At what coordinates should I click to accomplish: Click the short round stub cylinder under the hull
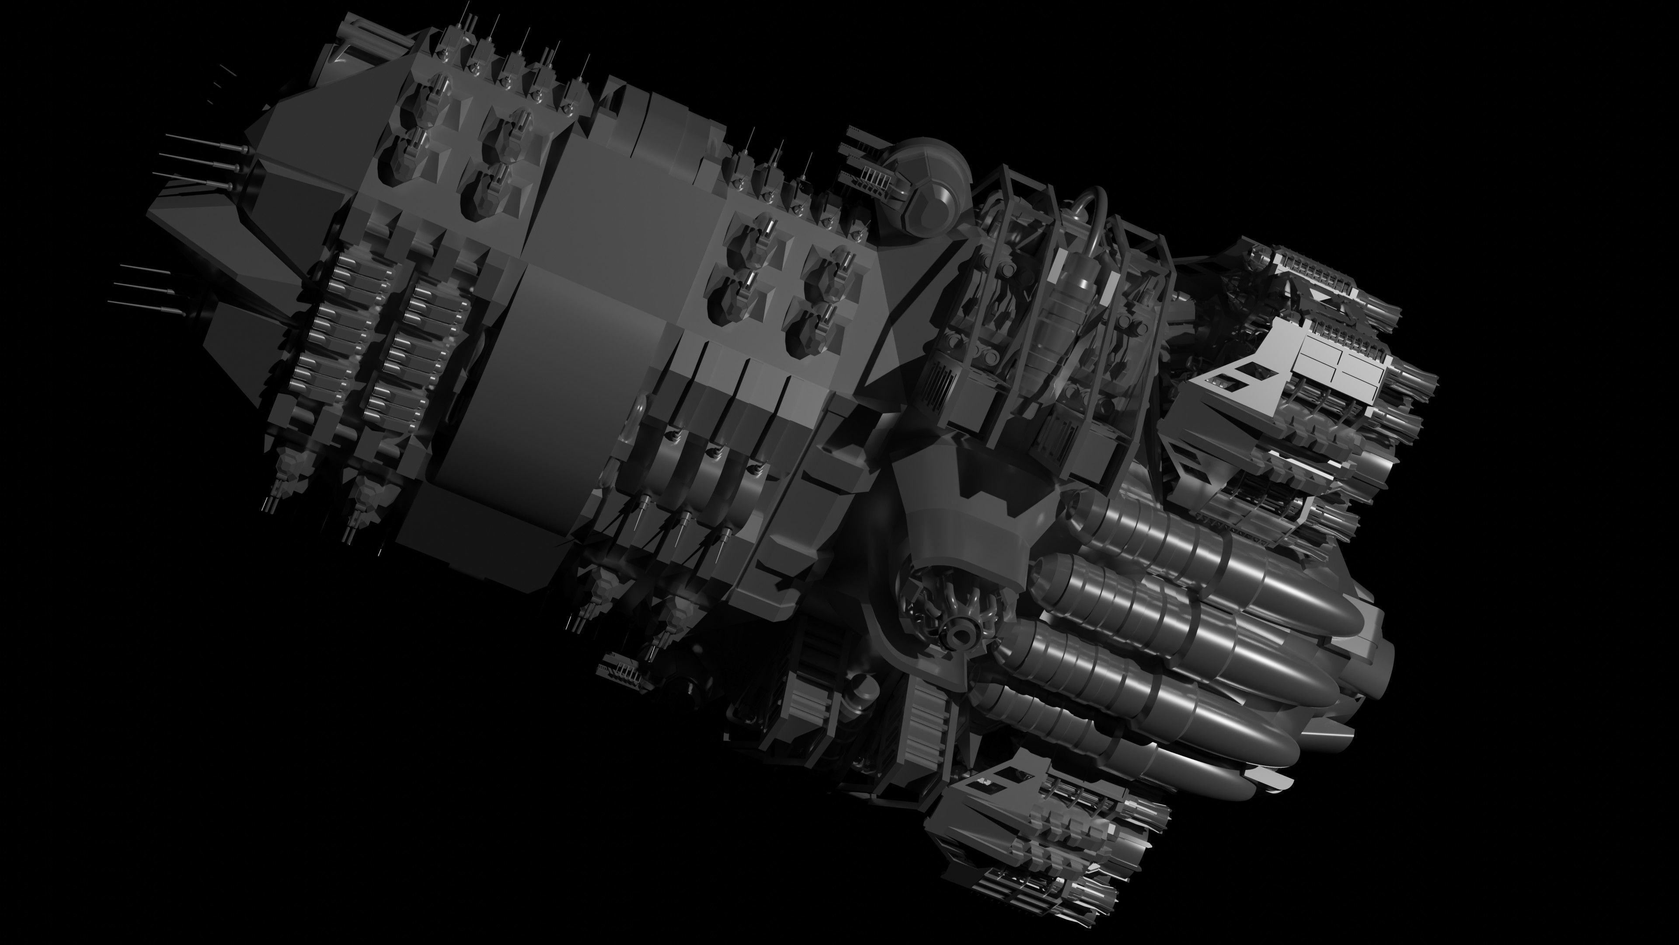(864, 691)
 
